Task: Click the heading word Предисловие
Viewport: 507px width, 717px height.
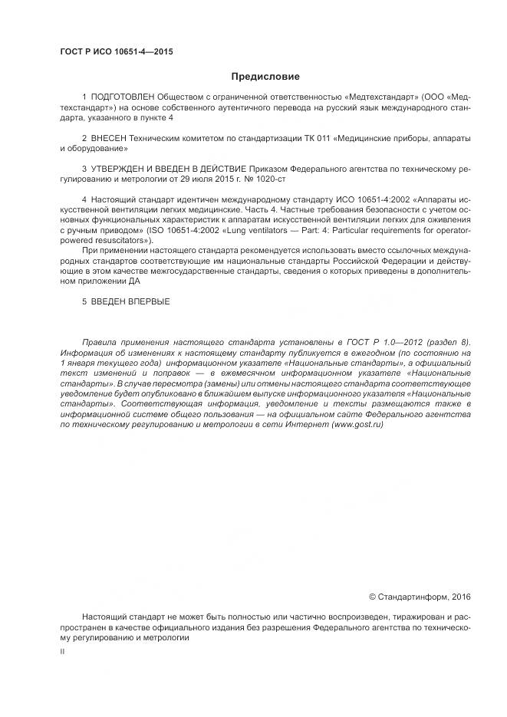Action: click(265, 76)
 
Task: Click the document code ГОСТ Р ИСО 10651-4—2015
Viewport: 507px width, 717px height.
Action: click(116, 51)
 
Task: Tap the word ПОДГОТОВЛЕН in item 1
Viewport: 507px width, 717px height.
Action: click(122, 98)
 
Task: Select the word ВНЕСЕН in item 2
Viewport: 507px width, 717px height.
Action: click(108, 137)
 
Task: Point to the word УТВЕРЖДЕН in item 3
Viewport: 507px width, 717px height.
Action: click(119, 166)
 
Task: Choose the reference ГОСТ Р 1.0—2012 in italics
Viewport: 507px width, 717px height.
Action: click(377, 341)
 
